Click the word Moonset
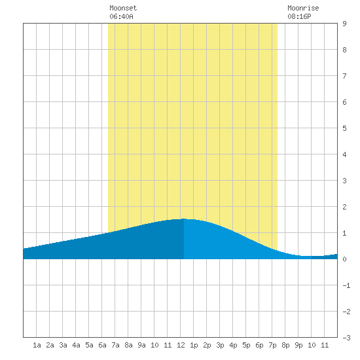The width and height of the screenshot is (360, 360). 123,8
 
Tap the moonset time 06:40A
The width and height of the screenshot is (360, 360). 121,16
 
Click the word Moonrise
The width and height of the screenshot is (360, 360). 303,8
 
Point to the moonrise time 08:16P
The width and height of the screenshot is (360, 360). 299,16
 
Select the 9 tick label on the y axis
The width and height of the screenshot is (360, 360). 344,24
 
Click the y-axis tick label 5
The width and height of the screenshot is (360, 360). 344,128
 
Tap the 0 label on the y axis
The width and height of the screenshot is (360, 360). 344,259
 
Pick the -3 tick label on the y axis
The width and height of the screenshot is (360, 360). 346,338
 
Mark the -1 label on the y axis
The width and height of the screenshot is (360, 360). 346,285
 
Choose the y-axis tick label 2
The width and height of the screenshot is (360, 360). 344,207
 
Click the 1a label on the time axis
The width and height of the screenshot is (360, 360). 37,345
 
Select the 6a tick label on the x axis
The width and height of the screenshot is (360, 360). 102,345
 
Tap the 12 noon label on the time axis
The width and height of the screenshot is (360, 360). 181,345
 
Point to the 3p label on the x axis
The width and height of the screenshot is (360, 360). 220,345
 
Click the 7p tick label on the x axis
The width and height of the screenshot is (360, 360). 272,345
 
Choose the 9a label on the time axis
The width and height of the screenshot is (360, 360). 141,345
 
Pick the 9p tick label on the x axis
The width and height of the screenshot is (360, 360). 298,345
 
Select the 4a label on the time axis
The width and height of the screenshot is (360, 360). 76,345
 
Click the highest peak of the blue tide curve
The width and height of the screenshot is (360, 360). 184,219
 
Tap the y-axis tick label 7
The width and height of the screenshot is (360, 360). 344,76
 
